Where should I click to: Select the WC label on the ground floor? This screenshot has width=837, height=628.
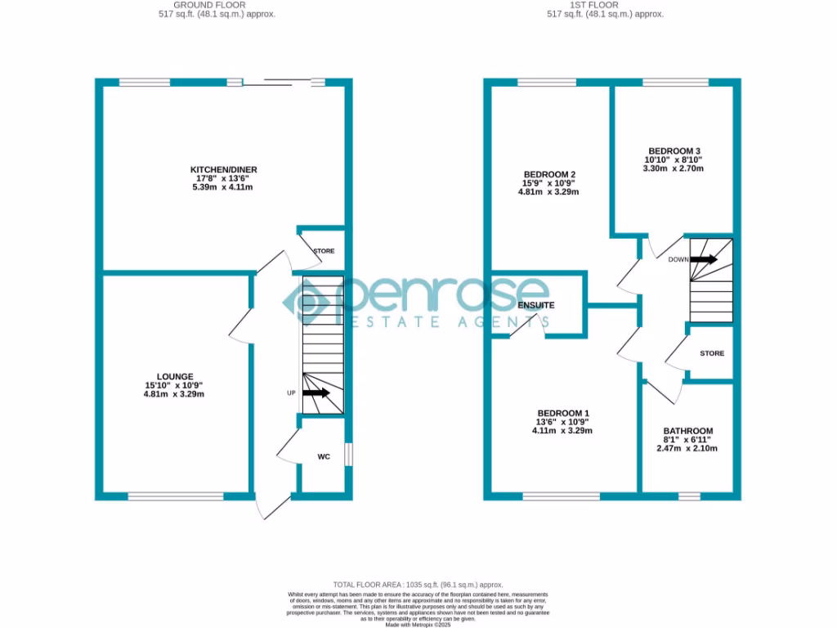[324, 457]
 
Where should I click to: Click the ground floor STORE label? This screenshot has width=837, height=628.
[324, 251]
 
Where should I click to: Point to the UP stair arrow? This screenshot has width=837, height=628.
[316, 393]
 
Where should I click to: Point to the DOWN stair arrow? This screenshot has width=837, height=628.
[705, 259]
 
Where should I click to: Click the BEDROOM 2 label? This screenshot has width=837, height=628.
[548, 174]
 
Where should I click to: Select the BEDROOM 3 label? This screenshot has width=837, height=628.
[674, 151]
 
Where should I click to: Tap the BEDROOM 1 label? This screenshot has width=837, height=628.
[562, 413]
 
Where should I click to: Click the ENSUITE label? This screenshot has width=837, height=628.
[536, 305]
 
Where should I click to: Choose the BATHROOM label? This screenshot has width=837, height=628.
[687, 431]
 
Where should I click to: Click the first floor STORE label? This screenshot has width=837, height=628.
[712, 354]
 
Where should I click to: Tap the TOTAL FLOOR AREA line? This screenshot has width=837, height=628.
[418, 585]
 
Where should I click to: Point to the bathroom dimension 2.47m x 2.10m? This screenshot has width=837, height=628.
[687, 448]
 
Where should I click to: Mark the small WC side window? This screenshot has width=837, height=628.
[349, 455]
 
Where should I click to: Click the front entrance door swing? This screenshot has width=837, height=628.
[271, 507]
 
